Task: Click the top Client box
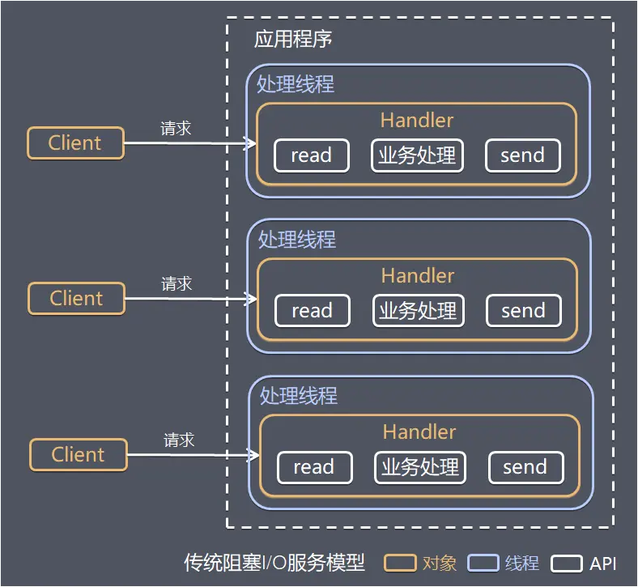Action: coord(75,143)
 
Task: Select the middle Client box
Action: coord(77,299)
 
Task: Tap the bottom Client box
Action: coord(79,455)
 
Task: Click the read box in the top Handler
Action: coord(312,155)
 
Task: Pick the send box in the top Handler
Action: coord(522,155)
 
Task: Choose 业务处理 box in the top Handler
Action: coord(417,155)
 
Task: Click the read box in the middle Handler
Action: coord(313,311)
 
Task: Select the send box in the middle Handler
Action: coord(523,311)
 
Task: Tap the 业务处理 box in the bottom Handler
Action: coord(420,467)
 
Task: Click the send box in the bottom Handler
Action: coord(525,467)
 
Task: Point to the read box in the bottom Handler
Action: coord(314,467)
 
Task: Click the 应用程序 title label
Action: coord(293,40)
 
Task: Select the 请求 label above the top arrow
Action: coord(176,128)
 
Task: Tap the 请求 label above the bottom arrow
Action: coord(179,440)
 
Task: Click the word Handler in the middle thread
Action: coord(418,276)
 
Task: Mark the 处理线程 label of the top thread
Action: coord(296,84)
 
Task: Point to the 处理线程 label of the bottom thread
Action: coord(299,396)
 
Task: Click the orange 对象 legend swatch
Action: coord(400,563)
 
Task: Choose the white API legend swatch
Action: coord(567,563)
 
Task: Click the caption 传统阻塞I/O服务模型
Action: coord(274,563)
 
